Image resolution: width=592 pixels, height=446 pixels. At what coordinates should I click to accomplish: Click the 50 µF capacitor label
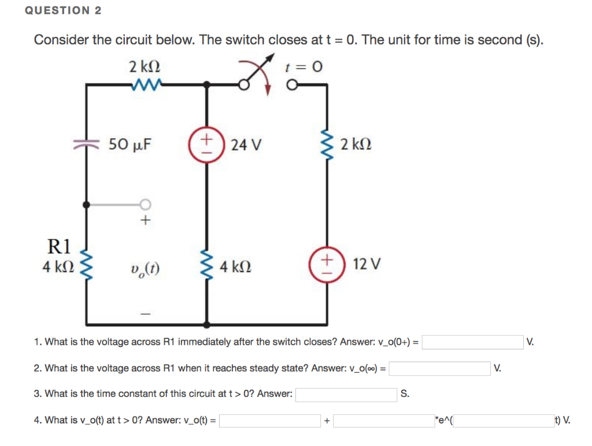tap(130, 144)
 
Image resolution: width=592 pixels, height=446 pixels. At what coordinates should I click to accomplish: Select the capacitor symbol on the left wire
tap(86, 145)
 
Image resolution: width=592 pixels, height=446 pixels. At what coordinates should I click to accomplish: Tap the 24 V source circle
tap(205, 144)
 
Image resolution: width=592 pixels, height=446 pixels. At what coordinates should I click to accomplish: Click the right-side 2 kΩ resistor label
tap(356, 144)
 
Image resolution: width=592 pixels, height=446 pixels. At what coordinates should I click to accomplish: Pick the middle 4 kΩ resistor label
tap(236, 267)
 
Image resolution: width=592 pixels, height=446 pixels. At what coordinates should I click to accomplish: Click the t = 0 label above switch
tap(304, 67)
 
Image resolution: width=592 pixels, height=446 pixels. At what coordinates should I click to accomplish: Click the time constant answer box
tap(346, 395)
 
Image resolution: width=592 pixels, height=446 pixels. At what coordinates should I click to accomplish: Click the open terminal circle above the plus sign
tap(145, 204)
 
